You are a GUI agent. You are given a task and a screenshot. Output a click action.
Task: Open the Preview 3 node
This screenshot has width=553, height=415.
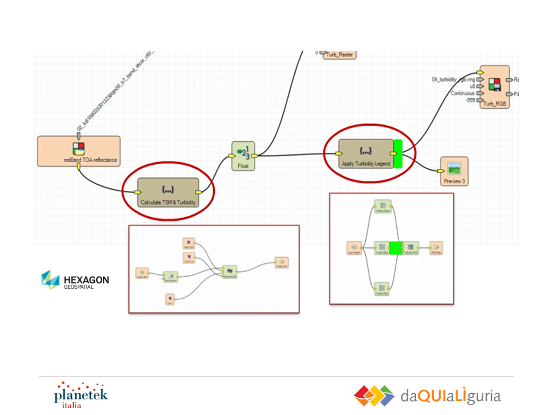[x=454, y=171]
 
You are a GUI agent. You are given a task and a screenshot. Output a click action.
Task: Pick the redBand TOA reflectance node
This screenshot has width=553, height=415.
[x=79, y=151]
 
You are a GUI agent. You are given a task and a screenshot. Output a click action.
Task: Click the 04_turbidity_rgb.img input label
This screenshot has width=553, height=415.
[x=454, y=79]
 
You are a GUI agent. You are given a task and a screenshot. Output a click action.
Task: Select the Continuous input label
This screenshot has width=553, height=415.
[x=463, y=93]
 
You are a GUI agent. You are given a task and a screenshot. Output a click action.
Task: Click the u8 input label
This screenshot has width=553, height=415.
[x=472, y=86]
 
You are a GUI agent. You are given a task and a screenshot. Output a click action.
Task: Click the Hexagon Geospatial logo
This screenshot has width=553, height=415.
[x=75, y=280]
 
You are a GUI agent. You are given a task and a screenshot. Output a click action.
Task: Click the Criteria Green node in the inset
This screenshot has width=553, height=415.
[x=382, y=206]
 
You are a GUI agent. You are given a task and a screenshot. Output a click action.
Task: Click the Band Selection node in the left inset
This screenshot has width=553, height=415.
[x=171, y=277]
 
